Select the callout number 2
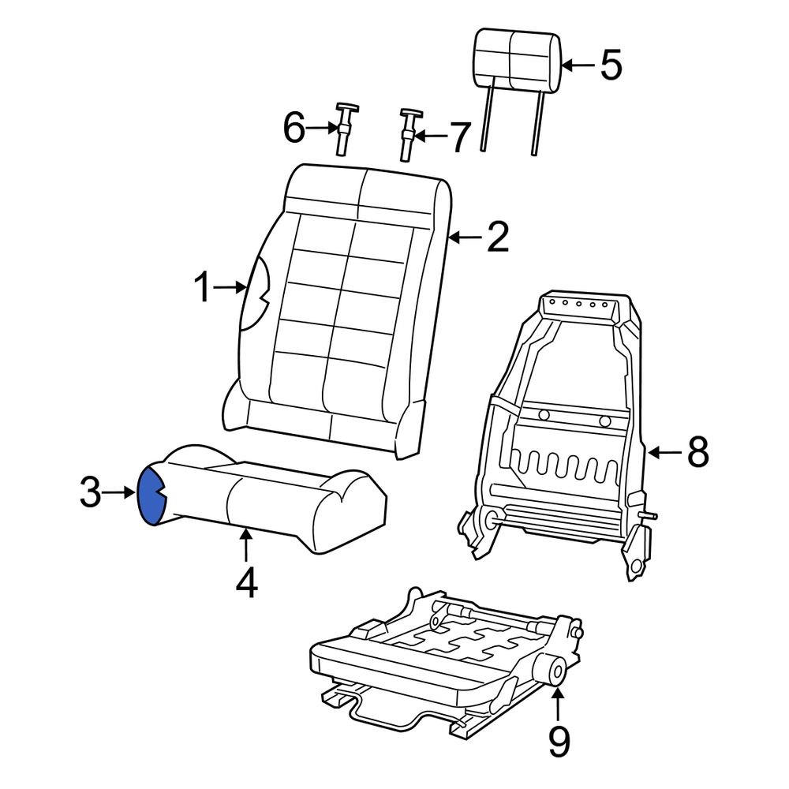(497, 237)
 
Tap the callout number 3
(91, 494)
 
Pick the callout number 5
(611, 65)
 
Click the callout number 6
(294, 128)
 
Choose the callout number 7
(459, 137)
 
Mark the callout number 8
(697, 453)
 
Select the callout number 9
(559, 741)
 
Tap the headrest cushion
(518, 60)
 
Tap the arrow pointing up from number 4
(247, 545)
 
